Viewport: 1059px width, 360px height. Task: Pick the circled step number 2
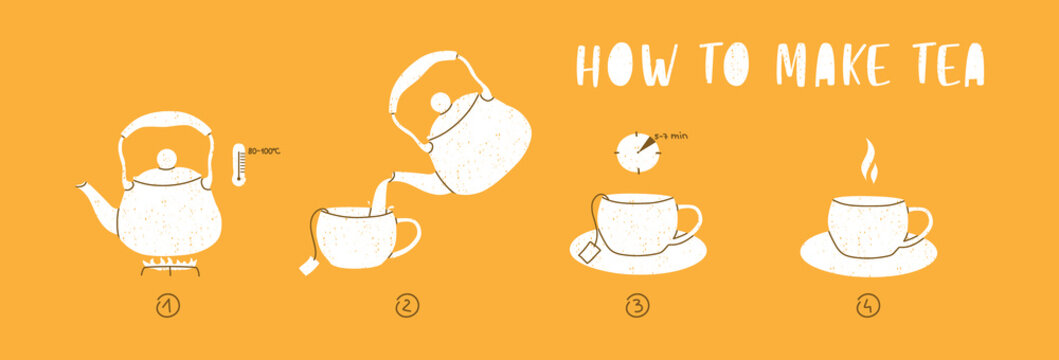(x=406, y=307)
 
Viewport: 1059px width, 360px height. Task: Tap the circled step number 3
(x=636, y=307)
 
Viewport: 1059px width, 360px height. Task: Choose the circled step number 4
(x=867, y=307)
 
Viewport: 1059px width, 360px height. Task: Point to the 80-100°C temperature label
(x=264, y=151)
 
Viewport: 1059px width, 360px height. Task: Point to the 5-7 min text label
(x=669, y=133)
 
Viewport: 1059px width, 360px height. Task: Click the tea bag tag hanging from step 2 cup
(x=308, y=266)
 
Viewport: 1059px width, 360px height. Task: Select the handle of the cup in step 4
(x=918, y=226)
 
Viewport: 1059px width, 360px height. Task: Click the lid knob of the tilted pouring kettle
(x=440, y=102)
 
